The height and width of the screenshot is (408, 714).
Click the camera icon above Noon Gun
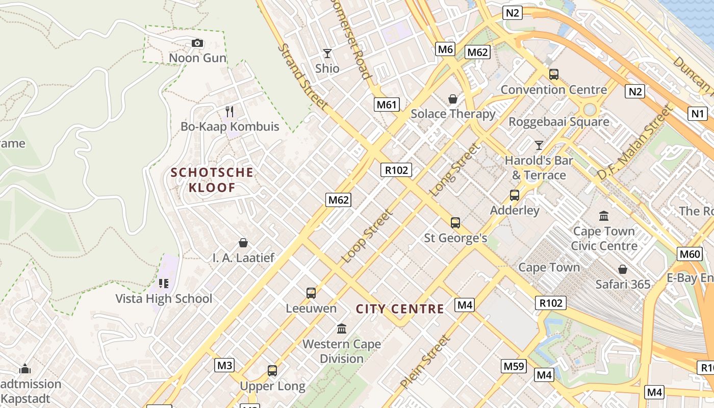tap(197, 43)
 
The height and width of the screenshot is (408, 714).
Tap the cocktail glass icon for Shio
tap(327, 53)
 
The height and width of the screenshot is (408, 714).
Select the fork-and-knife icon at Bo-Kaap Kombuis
tap(229, 111)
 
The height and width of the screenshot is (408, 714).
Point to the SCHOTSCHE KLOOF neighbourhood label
tap(212, 180)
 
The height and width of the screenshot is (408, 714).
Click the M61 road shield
tap(386, 105)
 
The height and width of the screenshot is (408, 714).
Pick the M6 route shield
tap(445, 49)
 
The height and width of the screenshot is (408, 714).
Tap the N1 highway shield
tap(697, 113)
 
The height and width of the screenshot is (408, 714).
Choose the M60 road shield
tap(690, 254)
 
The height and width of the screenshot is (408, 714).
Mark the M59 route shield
tap(513, 366)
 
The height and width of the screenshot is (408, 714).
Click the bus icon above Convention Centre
tap(554, 74)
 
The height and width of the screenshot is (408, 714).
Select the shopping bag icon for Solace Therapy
tap(452, 99)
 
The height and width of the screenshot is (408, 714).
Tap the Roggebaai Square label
tap(559, 122)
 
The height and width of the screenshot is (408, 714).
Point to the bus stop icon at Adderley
tap(515, 195)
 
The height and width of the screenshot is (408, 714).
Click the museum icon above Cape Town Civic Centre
tap(604, 216)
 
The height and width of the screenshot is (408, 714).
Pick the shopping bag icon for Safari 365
tap(623, 269)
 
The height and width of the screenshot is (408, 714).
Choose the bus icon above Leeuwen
tap(311, 293)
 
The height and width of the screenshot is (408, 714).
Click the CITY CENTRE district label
tap(400, 309)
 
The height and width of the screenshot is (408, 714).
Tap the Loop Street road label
tap(367, 236)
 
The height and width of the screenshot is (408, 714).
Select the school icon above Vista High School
tap(164, 283)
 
